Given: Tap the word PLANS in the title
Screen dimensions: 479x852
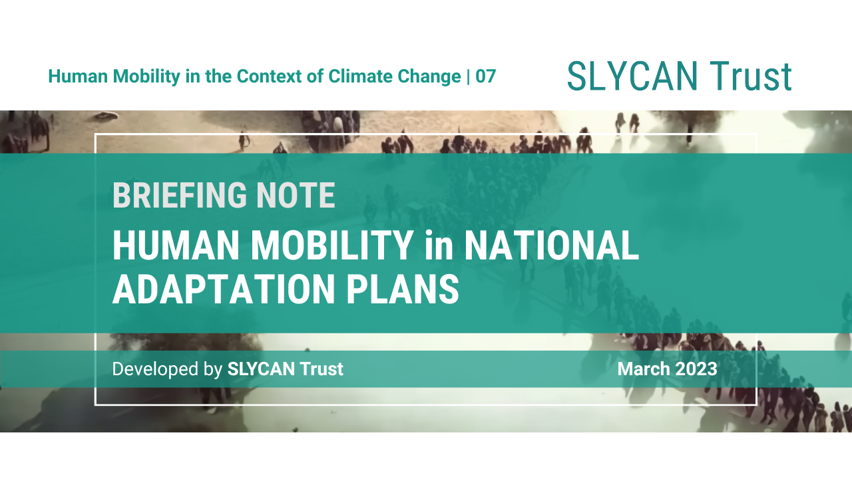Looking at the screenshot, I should coord(411,289).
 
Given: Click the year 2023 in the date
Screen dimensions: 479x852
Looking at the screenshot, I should coord(697,369).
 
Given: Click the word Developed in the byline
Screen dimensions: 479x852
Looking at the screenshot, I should coord(156,369).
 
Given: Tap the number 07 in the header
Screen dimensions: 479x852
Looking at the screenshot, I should coord(486,77).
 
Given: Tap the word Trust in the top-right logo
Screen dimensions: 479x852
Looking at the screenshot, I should coord(750,76).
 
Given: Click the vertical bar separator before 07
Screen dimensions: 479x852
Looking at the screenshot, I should coord(469,77).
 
